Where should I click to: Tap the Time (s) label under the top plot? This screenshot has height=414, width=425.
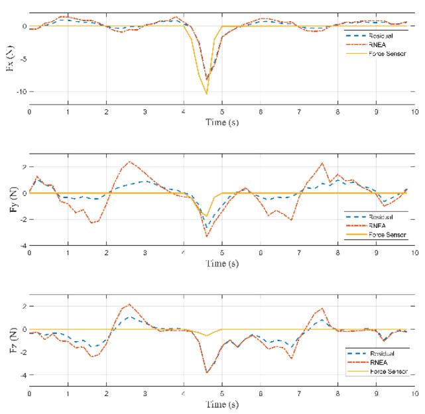[222, 123]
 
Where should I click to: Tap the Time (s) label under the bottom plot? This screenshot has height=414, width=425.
[222, 404]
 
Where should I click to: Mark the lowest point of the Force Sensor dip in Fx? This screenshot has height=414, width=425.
[207, 93]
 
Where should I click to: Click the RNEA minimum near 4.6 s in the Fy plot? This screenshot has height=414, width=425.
[207, 236]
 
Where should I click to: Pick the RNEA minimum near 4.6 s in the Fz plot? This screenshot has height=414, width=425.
[207, 372]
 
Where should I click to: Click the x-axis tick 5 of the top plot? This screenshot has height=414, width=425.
[222, 113]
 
